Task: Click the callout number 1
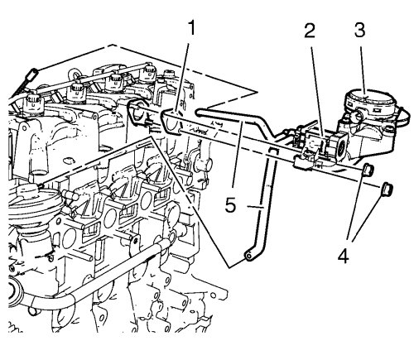point(191,28)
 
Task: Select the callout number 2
point(310,31)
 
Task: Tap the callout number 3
point(359,30)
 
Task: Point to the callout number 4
point(344,257)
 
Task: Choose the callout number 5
point(231,205)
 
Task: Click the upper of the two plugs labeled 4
point(368,170)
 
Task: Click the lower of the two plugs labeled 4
point(387,190)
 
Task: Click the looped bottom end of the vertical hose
point(250,256)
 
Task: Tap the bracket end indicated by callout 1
point(171,121)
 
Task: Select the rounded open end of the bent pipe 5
point(199,113)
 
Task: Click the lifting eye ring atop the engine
point(74,74)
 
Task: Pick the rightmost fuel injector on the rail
point(147,73)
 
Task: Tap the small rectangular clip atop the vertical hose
point(272,151)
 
